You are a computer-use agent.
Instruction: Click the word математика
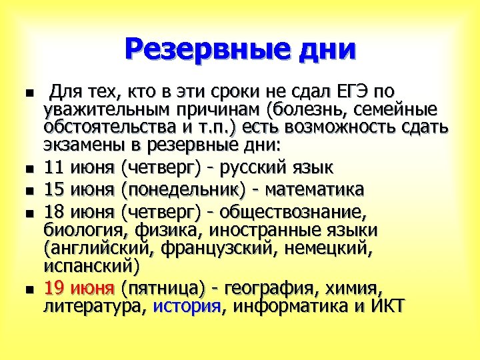tap(315, 189)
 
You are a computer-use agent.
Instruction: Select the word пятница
tap(163, 288)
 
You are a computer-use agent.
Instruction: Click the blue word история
tap(187, 306)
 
